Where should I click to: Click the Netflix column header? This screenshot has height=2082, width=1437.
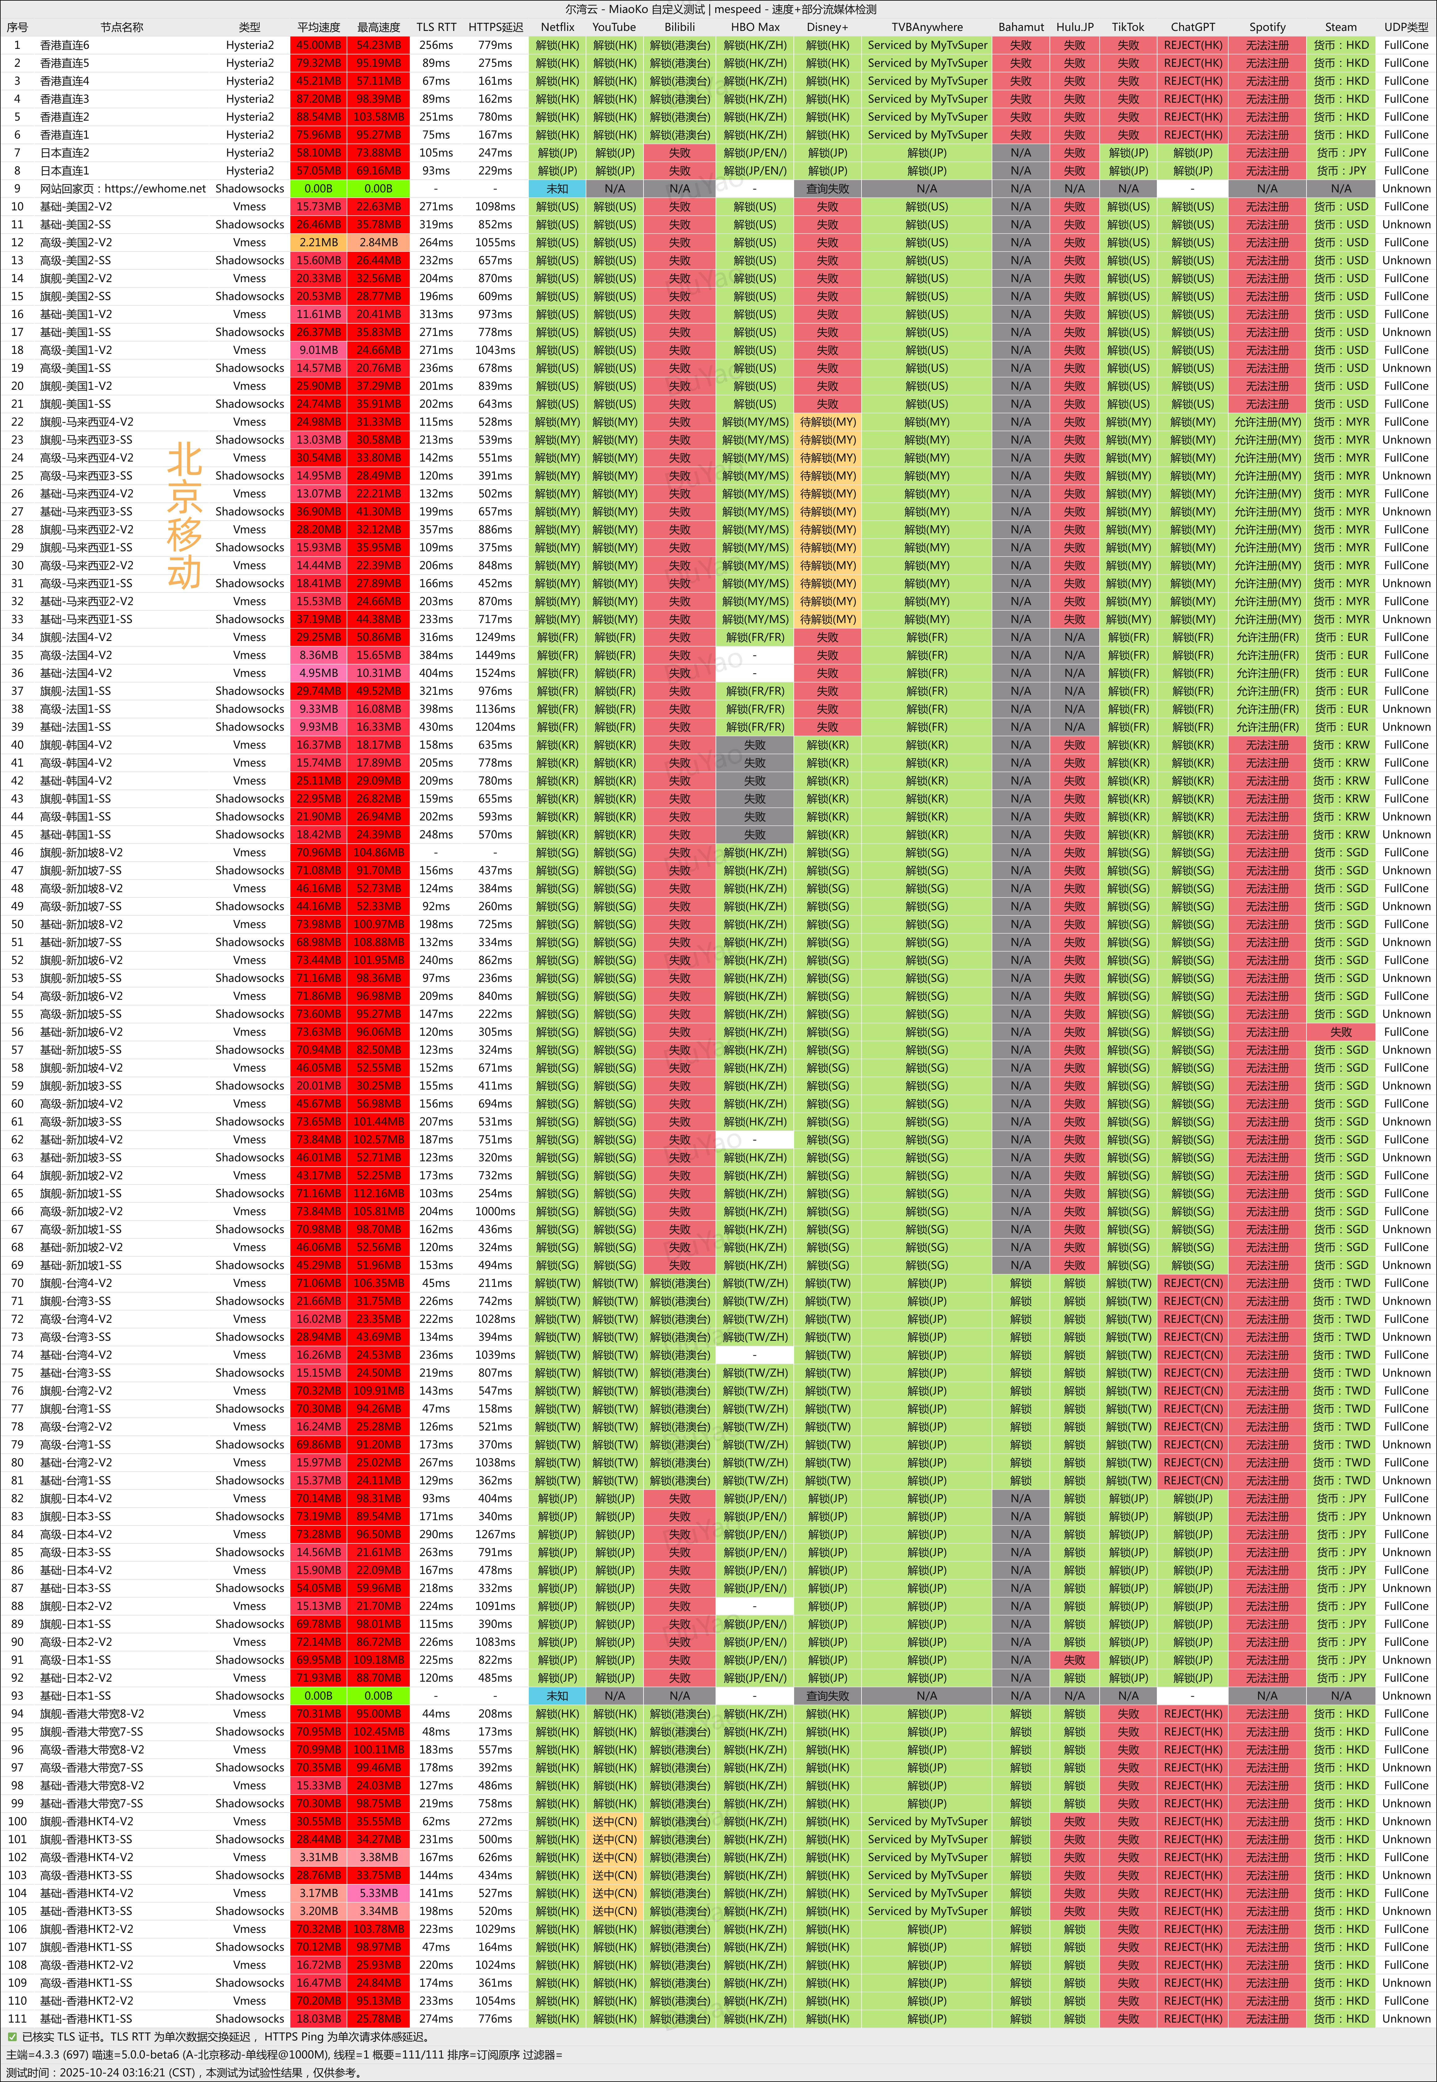tap(557, 27)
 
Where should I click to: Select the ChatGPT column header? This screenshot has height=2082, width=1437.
tap(1192, 27)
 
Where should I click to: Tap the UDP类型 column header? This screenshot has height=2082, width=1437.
tap(1405, 27)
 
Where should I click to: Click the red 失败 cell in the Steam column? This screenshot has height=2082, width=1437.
tap(1341, 1032)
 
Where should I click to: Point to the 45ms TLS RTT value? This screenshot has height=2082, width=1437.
tap(436, 1283)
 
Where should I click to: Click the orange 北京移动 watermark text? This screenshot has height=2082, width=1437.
tap(185, 515)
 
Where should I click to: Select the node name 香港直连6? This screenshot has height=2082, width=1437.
tap(65, 45)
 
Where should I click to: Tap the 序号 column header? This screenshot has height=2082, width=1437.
tap(17, 27)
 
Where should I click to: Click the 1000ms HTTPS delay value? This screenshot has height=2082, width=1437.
tap(495, 1211)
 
